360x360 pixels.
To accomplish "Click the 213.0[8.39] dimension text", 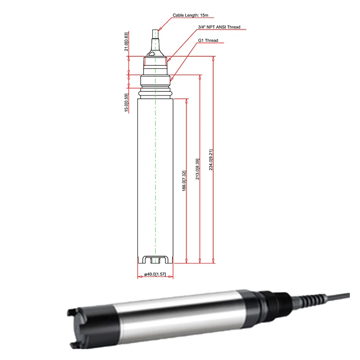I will click(198, 169).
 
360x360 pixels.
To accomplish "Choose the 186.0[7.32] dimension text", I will click(184, 181).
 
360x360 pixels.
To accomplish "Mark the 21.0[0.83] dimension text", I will click(126, 42).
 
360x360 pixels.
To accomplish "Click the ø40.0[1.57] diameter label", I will click(155, 275).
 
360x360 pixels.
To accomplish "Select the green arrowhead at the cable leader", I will click(160, 29).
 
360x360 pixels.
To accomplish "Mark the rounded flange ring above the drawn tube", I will click(156, 94).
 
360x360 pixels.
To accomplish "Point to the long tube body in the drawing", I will click(156, 175).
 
